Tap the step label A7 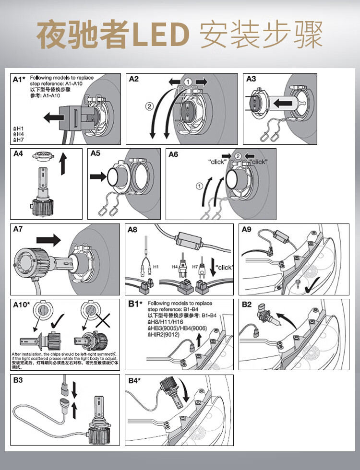[x=18, y=229]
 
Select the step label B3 [x=18, y=380]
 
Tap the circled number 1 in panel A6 [x=198, y=184]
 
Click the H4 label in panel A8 [x=176, y=267]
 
